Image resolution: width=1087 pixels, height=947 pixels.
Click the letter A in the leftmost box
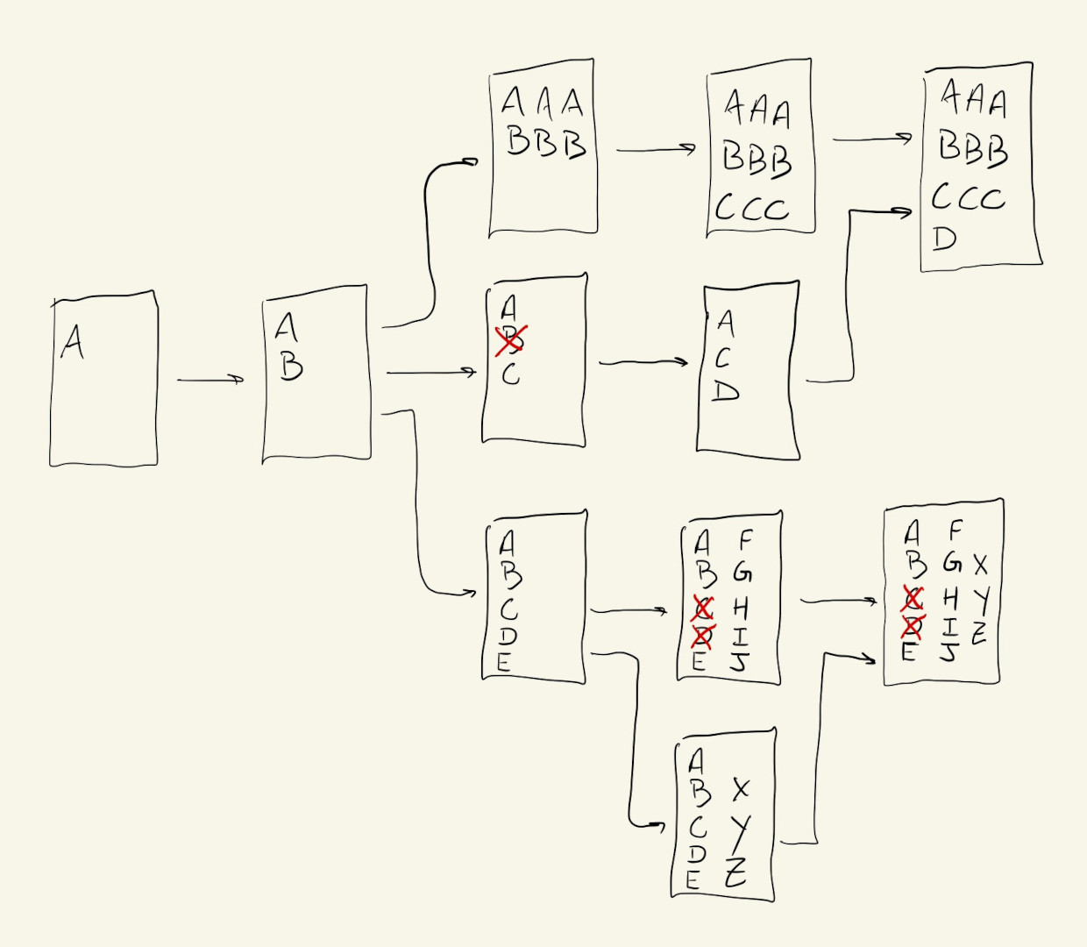[x=72, y=342]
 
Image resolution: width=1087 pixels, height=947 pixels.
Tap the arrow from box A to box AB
[x=210, y=380]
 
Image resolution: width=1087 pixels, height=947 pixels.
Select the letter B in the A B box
[x=291, y=366]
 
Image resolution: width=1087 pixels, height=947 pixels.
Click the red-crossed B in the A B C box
[x=511, y=340]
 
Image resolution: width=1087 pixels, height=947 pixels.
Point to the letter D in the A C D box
[x=725, y=391]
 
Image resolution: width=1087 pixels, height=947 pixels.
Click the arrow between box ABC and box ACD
[x=643, y=361]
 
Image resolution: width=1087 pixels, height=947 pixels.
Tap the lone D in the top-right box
[x=944, y=239]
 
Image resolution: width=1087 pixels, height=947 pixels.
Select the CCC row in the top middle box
[x=752, y=209]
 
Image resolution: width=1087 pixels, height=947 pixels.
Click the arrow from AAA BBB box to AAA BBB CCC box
[x=656, y=150]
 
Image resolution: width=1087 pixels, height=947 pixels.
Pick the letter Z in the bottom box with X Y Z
[x=736, y=872]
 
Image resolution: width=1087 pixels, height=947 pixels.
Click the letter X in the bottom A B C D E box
[x=741, y=789]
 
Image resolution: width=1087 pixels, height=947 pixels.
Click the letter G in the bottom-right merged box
[x=952, y=562]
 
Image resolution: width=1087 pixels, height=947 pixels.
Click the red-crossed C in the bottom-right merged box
[x=913, y=598]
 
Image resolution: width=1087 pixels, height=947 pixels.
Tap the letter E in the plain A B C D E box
[x=503, y=663]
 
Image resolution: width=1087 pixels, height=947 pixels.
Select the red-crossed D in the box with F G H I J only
[x=703, y=634]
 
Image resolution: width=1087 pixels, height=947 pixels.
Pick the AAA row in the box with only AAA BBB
[x=542, y=103]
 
